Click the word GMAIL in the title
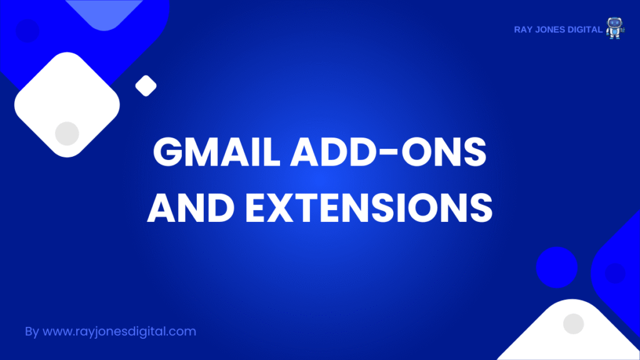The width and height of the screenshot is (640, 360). [x=217, y=152]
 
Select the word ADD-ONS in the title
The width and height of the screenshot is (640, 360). [x=388, y=152]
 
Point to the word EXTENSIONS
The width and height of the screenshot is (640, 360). [x=369, y=207]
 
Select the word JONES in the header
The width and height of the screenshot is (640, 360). [x=549, y=30]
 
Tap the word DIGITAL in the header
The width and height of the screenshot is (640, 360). [x=584, y=30]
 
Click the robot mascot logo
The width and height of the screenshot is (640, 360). [x=615, y=28]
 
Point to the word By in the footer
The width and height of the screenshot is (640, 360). [x=32, y=331]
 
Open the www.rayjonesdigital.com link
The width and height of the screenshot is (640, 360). [x=119, y=331]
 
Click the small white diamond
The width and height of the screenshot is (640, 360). [x=146, y=86]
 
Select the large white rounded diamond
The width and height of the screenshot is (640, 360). [x=67, y=104]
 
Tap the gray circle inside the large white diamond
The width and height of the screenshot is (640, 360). [x=67, y=134]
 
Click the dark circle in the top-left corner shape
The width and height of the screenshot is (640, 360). [x=27, y=30]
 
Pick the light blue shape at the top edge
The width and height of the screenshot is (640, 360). [x=104, y=12]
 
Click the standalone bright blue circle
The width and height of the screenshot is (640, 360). [x=557, y=267]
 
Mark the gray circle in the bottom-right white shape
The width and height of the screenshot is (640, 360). [x=574, y=324]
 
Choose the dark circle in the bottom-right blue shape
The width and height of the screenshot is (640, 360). [x=616, y=273]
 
